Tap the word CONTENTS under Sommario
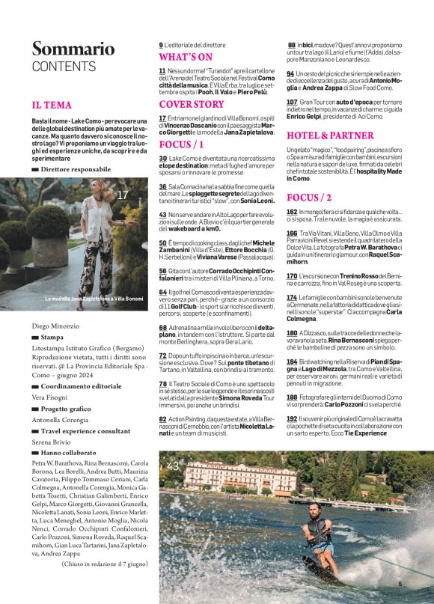[64, 67]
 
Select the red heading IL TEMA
[52, 105]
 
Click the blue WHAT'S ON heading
[186, 57]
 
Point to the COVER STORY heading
[191, 104]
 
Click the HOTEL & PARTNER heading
[329, 135]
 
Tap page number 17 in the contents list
[162, 118]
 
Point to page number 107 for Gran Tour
[293, 101]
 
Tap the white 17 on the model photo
[123, 195]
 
